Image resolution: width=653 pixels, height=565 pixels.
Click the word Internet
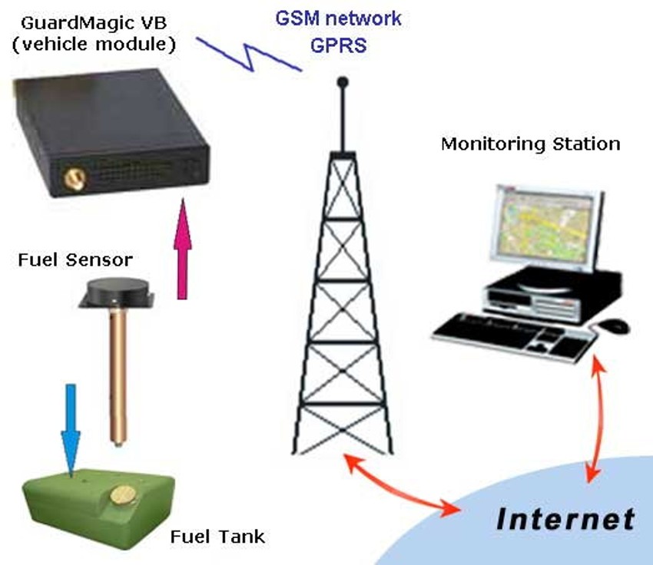click(565, 519)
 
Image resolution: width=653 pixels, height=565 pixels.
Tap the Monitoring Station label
click(530, 144)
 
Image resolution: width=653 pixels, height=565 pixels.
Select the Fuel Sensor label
click(75, 260)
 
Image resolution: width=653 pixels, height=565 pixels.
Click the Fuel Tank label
click(217, 534)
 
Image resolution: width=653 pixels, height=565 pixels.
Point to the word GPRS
click(338, 45)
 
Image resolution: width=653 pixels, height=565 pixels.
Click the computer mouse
click(615, 325)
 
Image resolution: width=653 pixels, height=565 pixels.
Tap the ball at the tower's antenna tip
click(343, 81)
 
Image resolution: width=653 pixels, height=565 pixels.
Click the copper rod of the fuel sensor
click(118, 376)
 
